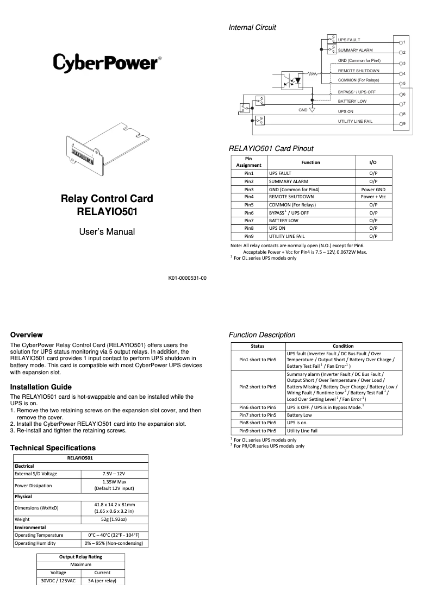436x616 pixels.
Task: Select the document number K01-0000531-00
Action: (188, 278)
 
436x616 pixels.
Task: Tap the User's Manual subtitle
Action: (107, 232)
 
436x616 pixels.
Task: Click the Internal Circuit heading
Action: (252, 27)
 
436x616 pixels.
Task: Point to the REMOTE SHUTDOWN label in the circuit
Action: (359, 71)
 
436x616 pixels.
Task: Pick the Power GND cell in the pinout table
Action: (373, 189)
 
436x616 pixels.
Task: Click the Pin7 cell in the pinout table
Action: (249, 221)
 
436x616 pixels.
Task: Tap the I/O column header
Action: (373, 162)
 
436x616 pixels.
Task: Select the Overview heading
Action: (26, 335)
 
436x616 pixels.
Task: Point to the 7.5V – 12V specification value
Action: (114, 474)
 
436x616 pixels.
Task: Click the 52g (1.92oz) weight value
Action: (114, 519)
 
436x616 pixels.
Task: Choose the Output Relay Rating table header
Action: (80, 557)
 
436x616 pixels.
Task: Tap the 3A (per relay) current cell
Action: (102, 580)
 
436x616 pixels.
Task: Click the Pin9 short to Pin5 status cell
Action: (258, 430)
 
